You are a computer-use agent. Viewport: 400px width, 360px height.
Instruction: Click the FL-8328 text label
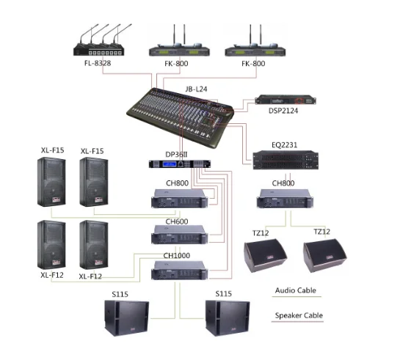pos(98,63)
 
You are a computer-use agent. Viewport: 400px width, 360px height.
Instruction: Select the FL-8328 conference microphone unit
pos(102,40)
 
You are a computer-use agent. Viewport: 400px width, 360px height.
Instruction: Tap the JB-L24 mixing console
pos(180,117)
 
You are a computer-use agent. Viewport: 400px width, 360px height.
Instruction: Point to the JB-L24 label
pos(196,89)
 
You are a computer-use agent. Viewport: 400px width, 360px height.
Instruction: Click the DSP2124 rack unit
pos(286,100)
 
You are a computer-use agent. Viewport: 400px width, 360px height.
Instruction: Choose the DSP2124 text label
pos(283,111)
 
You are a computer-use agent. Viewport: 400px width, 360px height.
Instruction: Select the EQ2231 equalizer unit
pos(286,160)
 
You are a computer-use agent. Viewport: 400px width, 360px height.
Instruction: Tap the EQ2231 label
pos(285,145)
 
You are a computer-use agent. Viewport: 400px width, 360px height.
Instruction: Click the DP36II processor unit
pos(180,164)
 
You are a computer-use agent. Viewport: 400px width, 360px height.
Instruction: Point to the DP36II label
pos(176,155)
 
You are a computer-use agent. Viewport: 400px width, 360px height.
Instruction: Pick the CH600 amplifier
pos(180,235)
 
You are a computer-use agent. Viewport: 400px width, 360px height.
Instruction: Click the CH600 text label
pos(177,221)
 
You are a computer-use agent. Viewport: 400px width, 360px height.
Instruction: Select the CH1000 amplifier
pos(180,271)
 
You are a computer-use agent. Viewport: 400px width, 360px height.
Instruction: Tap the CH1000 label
pos(177,256)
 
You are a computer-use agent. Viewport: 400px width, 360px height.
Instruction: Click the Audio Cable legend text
pos(295,290)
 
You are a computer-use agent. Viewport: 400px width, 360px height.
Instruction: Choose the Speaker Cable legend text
pos(299,315)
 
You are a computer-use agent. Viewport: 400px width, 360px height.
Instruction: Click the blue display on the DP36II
pos(170,164)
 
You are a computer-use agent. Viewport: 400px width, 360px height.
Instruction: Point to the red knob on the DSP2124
pos(299,100)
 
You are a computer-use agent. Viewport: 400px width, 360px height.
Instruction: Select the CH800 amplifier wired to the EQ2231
pos(286,199)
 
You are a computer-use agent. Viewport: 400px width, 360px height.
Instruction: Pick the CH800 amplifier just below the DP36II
pos(180,199)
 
